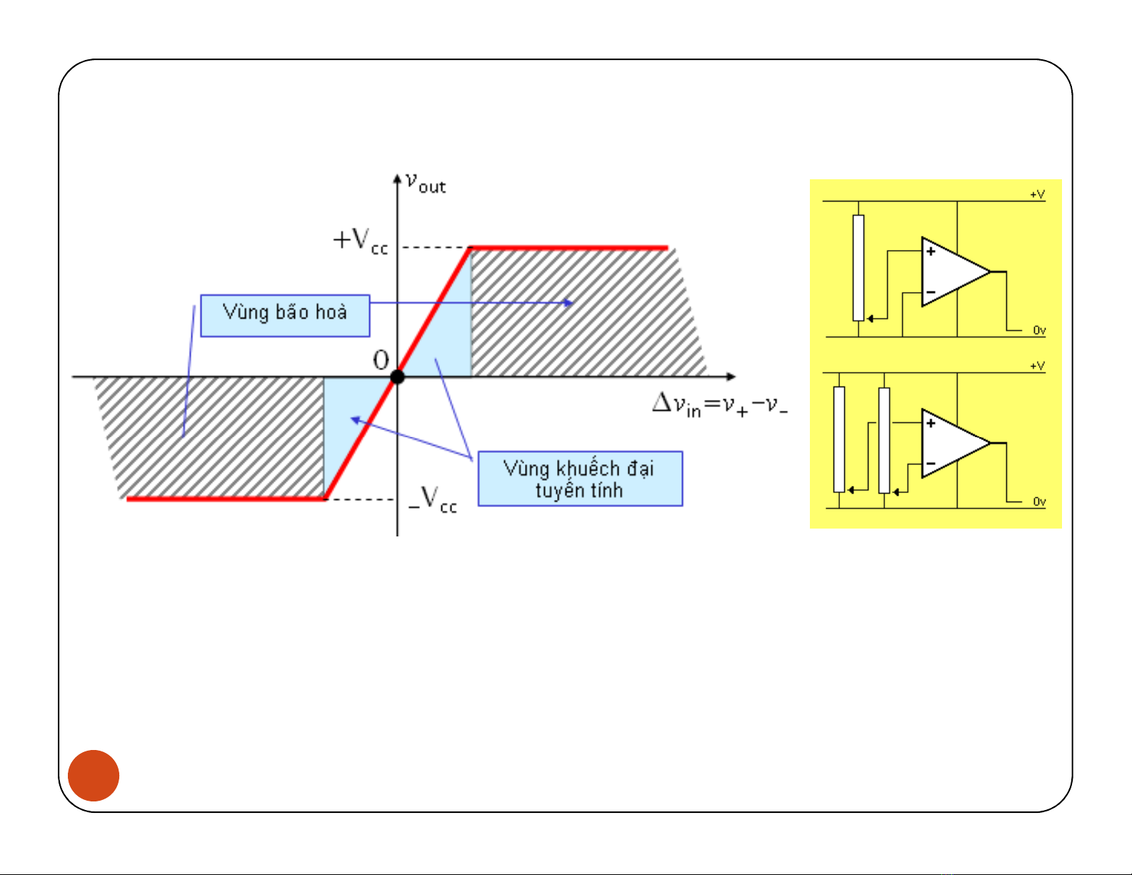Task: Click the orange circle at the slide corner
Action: click(x=94, y=776)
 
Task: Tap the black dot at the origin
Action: click(x=397, y=376)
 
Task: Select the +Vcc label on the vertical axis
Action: click(x=360, y=241)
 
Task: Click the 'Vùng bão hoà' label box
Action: click(x=285, y=315)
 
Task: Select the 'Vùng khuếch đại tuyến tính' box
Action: click(x=580, y=479)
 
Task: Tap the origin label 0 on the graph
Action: click(x=381, y=360)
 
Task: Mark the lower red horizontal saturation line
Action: click(x=226, y=499)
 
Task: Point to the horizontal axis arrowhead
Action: click(x=730, y=376)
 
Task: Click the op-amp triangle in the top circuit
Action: click(x=951, y=272)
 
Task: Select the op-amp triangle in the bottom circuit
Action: click(x=951, y=444)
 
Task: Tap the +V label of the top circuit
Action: click(x=1037, y=194)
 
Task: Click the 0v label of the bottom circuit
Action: click(x=1039, y=502)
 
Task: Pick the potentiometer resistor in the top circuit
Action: click(x=858, y=268)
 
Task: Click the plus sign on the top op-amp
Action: click(x=931, y=251)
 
